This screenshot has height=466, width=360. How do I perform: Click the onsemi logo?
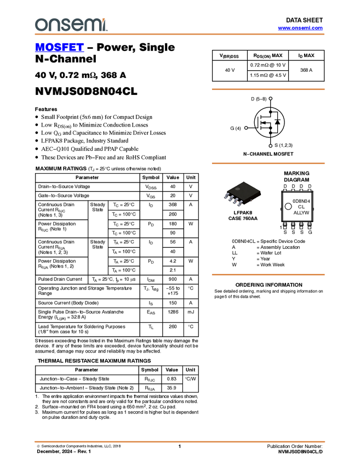(71, 25)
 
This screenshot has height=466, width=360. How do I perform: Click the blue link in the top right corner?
(300, 28)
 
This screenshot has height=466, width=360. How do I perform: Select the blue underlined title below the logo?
(59, 48)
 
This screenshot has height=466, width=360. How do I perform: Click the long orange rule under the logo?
(179, 34)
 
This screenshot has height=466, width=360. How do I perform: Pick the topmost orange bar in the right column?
(268, 89)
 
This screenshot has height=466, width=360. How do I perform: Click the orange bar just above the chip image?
(268, 163)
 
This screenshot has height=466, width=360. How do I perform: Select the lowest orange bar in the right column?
(268, 274)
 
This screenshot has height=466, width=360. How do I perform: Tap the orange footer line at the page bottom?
(179, 441)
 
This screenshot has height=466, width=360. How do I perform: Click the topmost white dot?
(270, 98)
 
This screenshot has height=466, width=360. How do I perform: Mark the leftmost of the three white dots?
(246, 128)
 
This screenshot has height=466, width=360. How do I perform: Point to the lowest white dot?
(270, 146)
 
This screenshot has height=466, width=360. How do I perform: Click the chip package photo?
(243, 194)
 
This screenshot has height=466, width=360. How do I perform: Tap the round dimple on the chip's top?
(238, 189)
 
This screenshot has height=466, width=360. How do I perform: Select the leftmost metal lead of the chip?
(226, 196)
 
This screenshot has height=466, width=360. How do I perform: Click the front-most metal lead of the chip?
(239, 204)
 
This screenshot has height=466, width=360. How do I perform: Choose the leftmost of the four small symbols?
(284, 190)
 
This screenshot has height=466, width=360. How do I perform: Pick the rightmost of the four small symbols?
(310, 190)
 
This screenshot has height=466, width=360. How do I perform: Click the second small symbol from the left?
(293, 190)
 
